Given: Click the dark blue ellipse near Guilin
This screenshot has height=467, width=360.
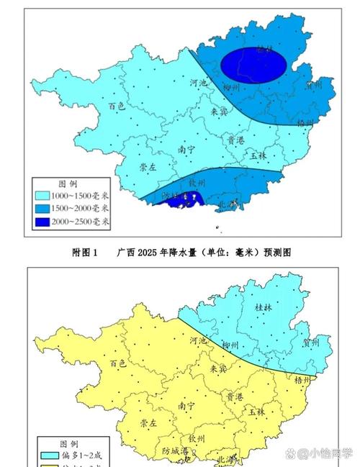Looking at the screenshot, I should click(x=253, y=63).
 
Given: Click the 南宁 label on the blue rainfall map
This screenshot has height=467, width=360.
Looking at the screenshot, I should click(x=186, y=150).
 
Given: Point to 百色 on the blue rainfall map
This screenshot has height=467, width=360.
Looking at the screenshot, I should click(x=117, y=105).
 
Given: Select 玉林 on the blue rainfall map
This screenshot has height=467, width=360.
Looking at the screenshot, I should click(x=259, y=155).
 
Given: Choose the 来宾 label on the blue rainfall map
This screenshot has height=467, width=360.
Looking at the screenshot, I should click(x=218, y=112).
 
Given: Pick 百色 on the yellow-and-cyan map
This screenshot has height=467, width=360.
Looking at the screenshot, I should click(x=117, y=363).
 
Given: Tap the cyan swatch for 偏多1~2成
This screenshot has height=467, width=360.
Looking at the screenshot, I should click(x=49, y=455).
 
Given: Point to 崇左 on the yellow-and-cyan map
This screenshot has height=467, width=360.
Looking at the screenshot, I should click(x=149, y=422).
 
